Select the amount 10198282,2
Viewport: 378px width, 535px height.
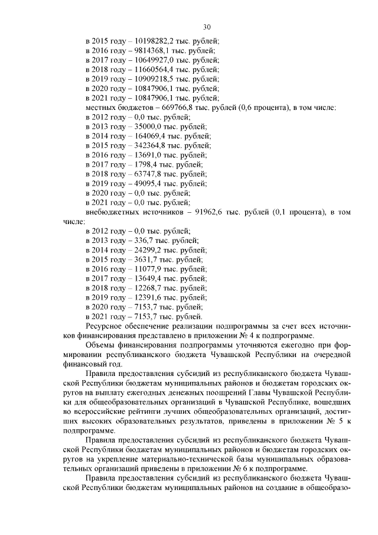click(x=155, y=41)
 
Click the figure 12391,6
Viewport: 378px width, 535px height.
click(x=145, y=297)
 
